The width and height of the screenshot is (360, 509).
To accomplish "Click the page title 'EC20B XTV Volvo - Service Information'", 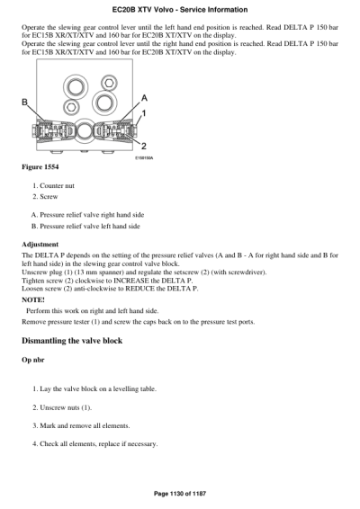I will (180, 9).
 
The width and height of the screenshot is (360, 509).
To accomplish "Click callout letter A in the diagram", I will (145, 97).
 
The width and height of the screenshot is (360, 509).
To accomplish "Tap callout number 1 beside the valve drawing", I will (143, 113).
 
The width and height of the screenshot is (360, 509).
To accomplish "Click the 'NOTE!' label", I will (34, 299).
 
